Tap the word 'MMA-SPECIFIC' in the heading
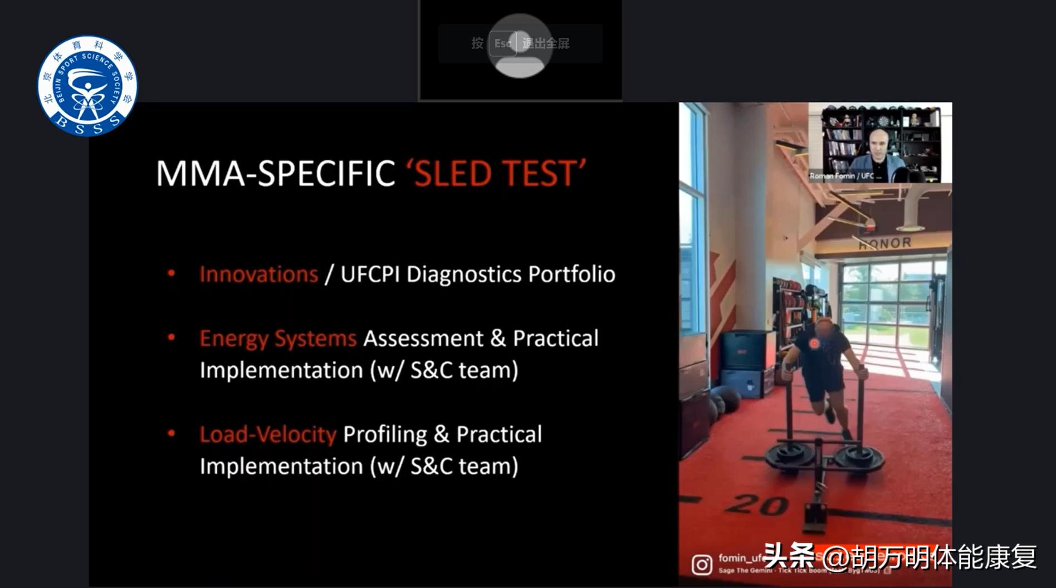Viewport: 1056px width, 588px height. (x=276, y=174)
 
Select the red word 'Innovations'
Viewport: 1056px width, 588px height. (x=258, y=275)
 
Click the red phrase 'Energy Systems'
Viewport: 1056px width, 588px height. (x=278, y=339)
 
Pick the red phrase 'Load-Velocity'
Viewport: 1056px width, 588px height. (x=268, y=434)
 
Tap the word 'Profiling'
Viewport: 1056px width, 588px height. (x=385, y=434)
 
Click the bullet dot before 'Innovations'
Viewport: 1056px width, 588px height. (x=172, y=273)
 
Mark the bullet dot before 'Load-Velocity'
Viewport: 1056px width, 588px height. (x=172, y=433)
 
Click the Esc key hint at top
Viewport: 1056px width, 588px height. (x=502, y=43)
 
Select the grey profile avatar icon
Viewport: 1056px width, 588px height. (x=520, y=46)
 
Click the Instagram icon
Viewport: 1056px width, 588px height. (x=702, y=565)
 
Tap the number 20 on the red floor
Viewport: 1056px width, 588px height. (x=757, y=504)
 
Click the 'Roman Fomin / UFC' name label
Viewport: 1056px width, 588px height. (x=845, y=176)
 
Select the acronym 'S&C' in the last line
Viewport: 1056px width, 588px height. (x=431, y=466)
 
